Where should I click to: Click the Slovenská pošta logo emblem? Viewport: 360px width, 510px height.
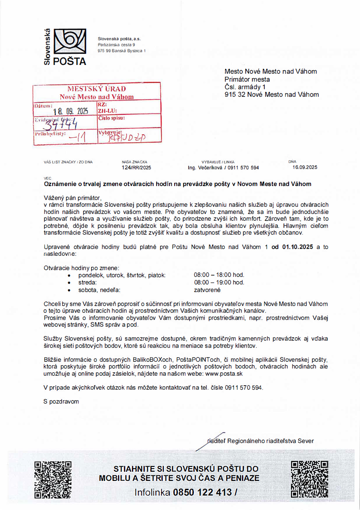[69, 42]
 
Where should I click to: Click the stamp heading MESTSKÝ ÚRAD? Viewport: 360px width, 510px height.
[96, 88]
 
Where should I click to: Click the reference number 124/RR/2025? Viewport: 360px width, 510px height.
[136, 168]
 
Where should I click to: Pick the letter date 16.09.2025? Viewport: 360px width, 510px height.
[305, 167]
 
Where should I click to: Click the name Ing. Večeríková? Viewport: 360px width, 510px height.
[205, 168]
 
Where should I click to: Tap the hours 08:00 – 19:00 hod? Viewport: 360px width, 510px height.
[219, 282]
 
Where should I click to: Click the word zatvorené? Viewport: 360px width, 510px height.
[207, 290]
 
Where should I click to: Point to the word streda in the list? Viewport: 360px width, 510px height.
[88, 282]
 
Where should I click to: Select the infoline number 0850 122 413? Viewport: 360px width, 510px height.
[203, 492]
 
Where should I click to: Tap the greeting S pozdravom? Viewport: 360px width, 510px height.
[61, 401]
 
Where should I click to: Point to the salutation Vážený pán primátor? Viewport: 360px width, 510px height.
[73, 197]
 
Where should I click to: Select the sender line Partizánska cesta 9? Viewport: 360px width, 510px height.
[116, 45]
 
